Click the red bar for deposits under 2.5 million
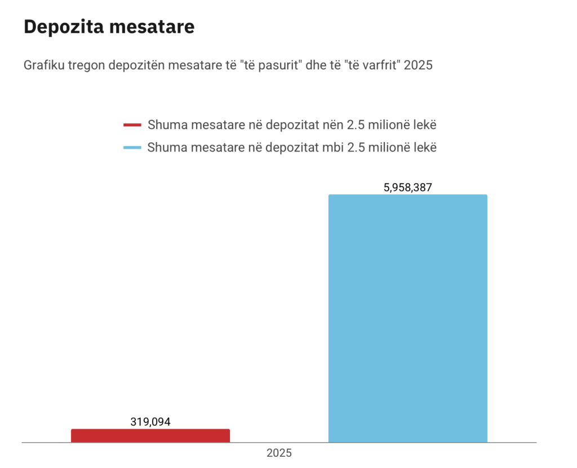pos(150,436)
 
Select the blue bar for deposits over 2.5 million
pos(407,318)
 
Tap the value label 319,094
pos(150,422)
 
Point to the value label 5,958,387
pos(407,188)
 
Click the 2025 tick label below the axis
pos(279,453)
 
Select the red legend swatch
pos(132,124)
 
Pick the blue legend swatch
pos(132,148)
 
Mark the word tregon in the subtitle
pos(87,65)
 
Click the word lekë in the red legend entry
pos(424,124)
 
